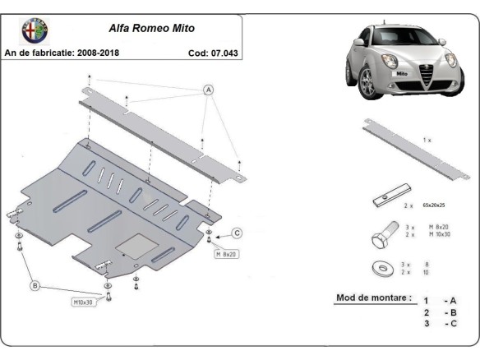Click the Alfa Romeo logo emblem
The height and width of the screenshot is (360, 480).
click(x=35, y=30)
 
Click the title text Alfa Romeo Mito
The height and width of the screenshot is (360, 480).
click(x=151, y=27)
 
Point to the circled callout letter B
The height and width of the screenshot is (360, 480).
click(x=35, y=285)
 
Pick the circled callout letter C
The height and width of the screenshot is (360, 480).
click(x=237, y=233)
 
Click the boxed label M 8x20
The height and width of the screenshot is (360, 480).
click(x=227, y=254)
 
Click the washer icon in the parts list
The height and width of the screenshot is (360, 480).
click(x=382, y=268)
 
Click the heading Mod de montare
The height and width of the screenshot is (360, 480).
click(x=373, y=298)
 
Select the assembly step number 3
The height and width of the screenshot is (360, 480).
click(x=426, y=324)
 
